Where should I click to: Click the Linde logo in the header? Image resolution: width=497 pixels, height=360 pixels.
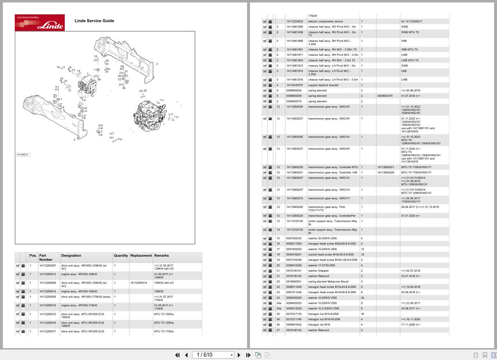(40, 23)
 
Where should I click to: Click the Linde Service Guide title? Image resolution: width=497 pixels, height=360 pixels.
(94, 21)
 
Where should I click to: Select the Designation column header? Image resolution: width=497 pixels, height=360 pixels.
(71, 255)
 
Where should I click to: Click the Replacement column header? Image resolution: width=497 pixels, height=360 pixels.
(141, 255)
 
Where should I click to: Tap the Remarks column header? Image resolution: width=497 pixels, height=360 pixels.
(161, 255)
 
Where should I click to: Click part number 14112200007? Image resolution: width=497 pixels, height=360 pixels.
(48, 266)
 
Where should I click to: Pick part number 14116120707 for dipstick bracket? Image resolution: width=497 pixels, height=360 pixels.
(295, 85)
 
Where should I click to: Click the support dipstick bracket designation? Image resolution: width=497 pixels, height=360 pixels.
(323, 85)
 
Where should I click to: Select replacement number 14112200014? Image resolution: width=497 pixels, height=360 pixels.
(138, 283)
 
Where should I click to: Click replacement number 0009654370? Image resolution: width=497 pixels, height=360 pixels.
(385, 96)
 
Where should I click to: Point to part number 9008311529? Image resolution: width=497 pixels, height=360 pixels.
(294, 244)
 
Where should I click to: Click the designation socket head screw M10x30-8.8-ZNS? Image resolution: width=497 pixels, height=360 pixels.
(332, 255)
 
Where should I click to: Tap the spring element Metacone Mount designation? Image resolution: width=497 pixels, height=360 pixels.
(328, 282)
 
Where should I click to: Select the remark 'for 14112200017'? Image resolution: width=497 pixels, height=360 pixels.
(411, 21)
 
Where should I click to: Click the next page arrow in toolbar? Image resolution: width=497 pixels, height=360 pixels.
(239, 355)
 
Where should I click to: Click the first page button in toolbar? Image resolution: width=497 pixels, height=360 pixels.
(177, 355)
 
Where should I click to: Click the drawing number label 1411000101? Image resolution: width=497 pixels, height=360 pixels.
(23, 155)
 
